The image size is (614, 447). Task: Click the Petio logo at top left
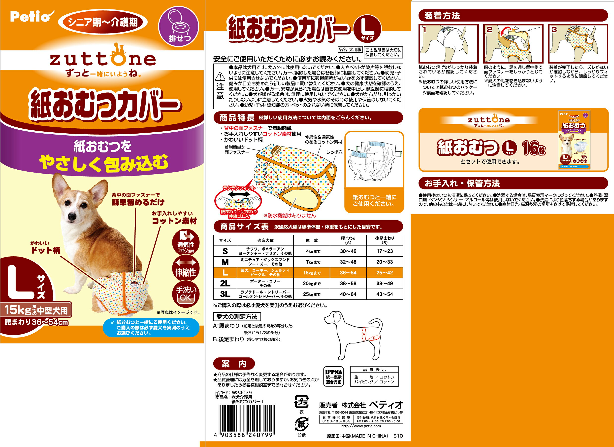point(31,17)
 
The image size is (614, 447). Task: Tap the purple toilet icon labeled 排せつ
point(179,27)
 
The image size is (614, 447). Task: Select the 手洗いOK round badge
point(186,294)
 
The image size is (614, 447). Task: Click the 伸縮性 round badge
point(186,268)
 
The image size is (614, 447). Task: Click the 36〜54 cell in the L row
point(348,273)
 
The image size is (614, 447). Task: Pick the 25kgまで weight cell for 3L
point(312,294)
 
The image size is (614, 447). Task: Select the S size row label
point(225,251)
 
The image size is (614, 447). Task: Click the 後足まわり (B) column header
point(385,240)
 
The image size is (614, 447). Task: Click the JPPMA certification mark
point(333,377)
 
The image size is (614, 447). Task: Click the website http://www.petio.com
point(361,426)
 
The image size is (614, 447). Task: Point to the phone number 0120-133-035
point(336,421)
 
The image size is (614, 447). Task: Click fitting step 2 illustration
point(513,44)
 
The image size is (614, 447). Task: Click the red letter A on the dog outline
point(364,334)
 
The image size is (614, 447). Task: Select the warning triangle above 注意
point(220,76)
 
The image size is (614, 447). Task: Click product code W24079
point(242,393)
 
